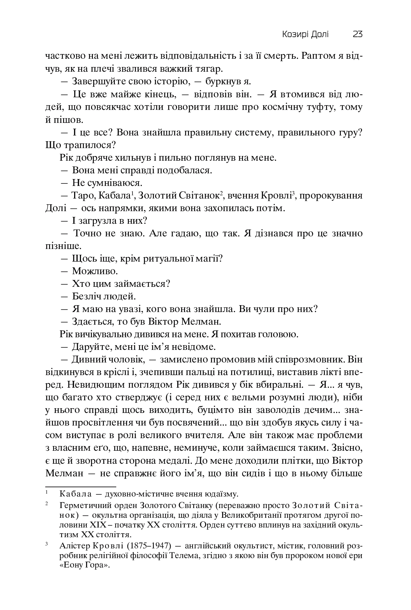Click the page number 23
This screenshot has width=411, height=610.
pyautogui.click(x=357, y=35)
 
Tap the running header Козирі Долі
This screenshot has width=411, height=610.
pyautogui.click(x=305, y=35)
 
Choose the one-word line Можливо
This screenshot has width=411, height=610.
pyautogui.click(x=95, y=271)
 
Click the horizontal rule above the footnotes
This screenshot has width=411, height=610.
pyautogui.click(x=81, y=486)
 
